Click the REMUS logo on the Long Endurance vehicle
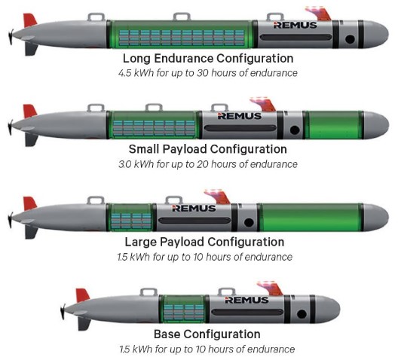pyautogui.click(x=295, y=25)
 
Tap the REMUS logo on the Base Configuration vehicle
pyautogui.click(x=246, y=301)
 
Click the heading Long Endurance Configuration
pyautogui.click(x=208, y=58)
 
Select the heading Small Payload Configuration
pyautogui.click(x=207, y=149)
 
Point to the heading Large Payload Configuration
pyautogui.click(x=204, y=242)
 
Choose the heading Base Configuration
pyautogui.click(x=207, y=334)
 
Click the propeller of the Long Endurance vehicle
pyautogui.click(x=11, y=37)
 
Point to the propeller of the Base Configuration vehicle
pyautogui.click(x=63, y=312)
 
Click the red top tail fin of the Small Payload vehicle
pyautogui.click(x=29, y=111)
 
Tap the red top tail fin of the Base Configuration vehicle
pyautogui.click(x=82, y=295)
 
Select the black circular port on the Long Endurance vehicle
pyautogui.click(x=350, y=39)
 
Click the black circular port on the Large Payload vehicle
pyautogui.click(x=249, y=223)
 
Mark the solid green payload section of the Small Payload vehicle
pyautogui.click(x=334, y=125)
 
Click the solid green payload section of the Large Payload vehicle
pyautogui.click(x=311, y=217)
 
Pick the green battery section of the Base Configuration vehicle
pyautogui.click(x=183, y=309)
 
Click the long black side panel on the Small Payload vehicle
pyautogui.click(x=240, y=128)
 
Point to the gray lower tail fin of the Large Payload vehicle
pyautogui.click(x=31, y=232)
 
